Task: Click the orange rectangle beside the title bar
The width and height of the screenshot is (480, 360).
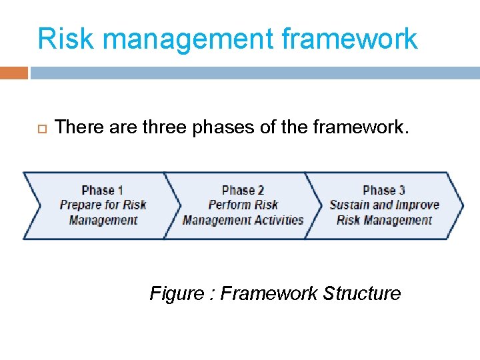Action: pos(13,72)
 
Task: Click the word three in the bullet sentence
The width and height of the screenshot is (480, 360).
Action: pos(165,127)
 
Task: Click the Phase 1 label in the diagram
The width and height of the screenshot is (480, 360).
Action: pos(103,191)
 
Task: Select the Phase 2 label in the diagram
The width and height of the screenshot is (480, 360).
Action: pos(243,191)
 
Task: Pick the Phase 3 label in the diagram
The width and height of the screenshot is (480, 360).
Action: pos(384,191)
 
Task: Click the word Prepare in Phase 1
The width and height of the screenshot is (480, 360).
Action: pos(82,205)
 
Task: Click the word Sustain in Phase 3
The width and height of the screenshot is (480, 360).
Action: pos(349,205)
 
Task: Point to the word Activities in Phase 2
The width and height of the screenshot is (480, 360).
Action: pos(278,220)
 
